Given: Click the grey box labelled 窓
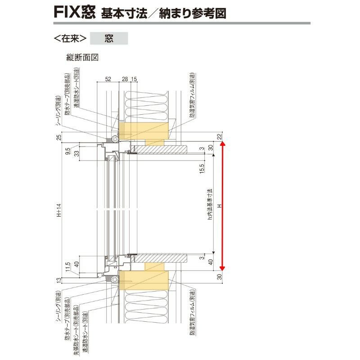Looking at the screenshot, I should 109,38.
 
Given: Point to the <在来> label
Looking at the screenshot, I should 70,38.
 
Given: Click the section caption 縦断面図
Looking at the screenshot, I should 82,57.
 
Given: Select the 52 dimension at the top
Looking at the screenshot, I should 108,79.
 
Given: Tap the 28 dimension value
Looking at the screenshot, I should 125,79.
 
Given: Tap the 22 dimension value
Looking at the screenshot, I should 219,137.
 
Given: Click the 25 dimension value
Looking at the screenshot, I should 59,137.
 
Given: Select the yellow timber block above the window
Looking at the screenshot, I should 144,130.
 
